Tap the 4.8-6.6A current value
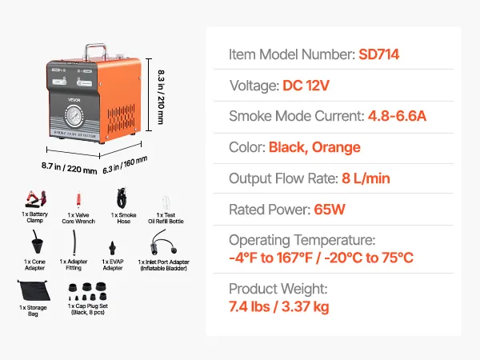pyautogui.click(x=397, y=117)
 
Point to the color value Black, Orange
pyautogui.click(x=314, y=148)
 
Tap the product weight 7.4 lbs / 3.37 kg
pyautogui.click(x=278, y=306)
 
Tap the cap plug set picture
pyautogui.click(x=87, y=289)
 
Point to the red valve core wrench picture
pyautogui.click(x=78, y=198)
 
